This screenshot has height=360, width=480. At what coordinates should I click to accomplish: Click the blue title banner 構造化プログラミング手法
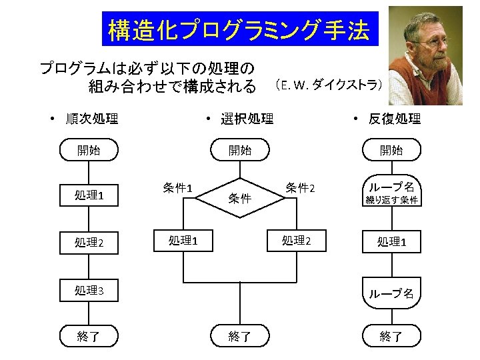point(240,29)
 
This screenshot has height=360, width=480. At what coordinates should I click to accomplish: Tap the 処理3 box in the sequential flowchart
point(89,290)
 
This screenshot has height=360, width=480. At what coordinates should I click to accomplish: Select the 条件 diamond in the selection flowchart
point(240,198)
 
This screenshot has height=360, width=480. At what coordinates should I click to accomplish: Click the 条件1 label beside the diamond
point(177,187)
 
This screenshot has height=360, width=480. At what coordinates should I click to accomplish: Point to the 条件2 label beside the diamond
point(300,187)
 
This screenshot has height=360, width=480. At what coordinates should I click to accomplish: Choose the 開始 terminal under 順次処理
point(89,150)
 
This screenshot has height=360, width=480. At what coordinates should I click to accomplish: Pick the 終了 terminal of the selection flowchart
point(240,336)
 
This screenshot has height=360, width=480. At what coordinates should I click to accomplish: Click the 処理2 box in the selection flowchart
point(297,241)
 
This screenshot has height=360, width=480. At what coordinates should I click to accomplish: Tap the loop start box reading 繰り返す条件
point(392,191)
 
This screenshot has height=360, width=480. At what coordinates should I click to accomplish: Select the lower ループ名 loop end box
point(392,293)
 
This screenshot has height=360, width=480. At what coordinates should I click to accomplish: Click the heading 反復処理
point(395,119)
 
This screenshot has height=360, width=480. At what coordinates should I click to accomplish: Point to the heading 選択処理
point(247,119)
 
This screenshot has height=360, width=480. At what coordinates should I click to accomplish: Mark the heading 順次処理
point(92,119)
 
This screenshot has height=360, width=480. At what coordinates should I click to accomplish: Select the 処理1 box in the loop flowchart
point(392,242)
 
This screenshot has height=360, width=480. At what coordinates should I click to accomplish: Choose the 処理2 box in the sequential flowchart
point(89,243)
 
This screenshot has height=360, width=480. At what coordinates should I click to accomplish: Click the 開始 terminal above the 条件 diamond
point(240,150)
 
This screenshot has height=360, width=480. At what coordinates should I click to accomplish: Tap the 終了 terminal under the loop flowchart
point(392,336)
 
